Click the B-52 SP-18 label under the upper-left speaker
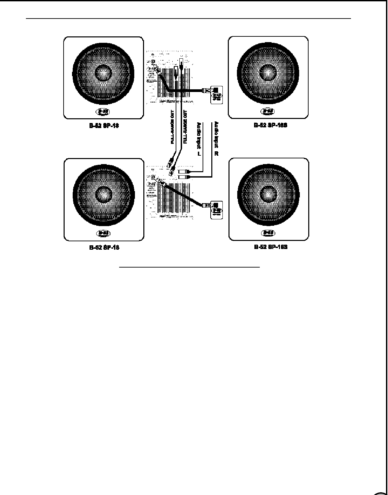[x=104, y=126]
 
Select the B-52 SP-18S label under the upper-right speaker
[x=270, y=125]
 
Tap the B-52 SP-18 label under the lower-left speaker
[x=104, y=248]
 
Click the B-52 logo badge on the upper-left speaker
[x=103, y=111]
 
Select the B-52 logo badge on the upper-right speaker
[x=268, y=111]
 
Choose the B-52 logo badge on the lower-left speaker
[x=103, y=233]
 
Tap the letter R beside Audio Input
[x=216, y=154]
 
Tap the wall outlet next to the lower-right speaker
[x=216, y=210]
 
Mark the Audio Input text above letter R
[x=216, y=135]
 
